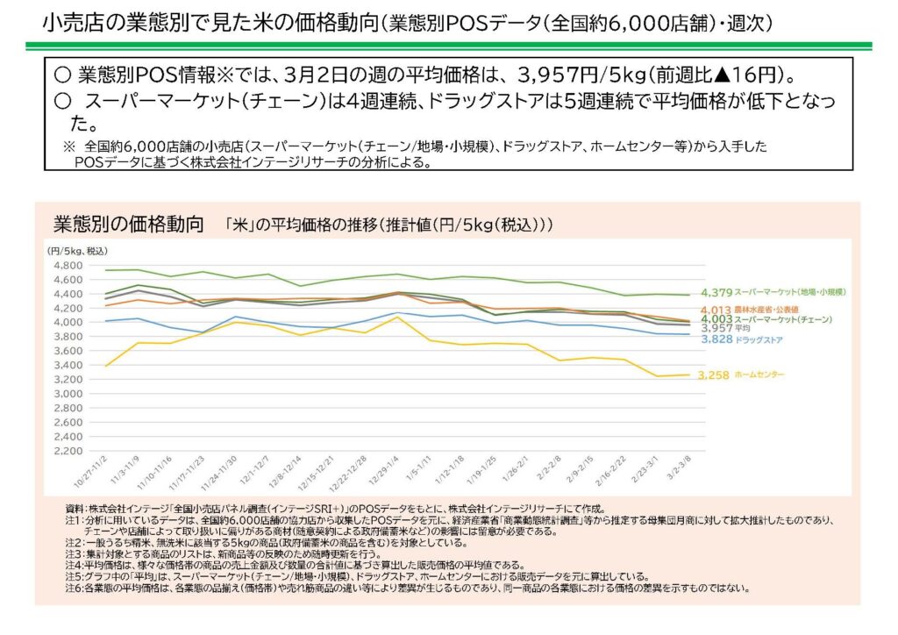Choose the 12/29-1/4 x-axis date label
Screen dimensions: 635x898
[x=383, y=479]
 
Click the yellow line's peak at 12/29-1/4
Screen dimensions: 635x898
[x=396, y=317]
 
